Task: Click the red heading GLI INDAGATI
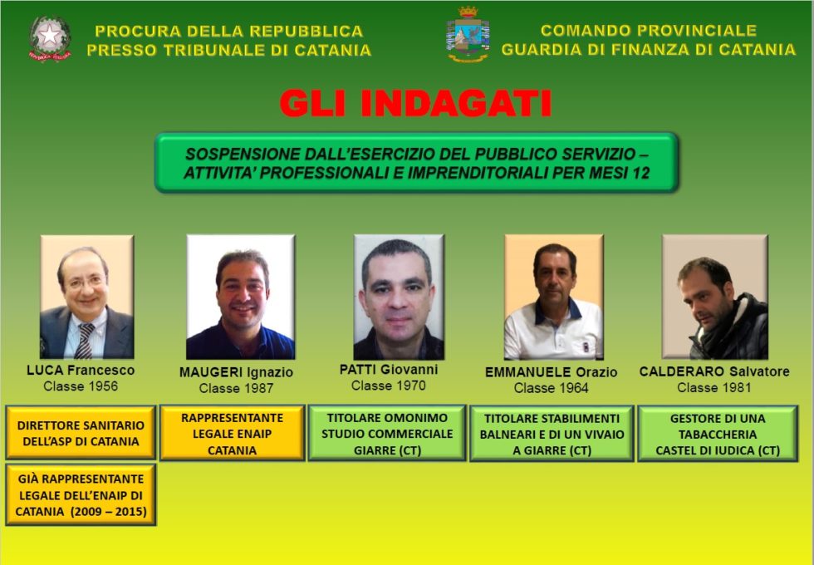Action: click(415, 105)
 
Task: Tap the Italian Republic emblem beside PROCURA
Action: click(50, 39)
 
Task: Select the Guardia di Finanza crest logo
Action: click(468, 35)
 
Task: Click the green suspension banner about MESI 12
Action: click(416, 162)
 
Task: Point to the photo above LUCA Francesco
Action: click(87, 297)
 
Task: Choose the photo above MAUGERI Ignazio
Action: click(240, 297)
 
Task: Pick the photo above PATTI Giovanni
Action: click(399, 297)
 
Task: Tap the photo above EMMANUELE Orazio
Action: click(554, 297)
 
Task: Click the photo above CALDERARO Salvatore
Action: click(714, 297)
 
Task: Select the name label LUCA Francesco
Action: click(81, 371)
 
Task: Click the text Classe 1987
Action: click(236, 388)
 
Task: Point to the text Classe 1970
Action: click(389, 386)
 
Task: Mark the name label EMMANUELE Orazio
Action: click(551, 372)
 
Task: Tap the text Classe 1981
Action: click(714, 387)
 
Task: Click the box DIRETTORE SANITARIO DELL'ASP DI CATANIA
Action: click(81, 432)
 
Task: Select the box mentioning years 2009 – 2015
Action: click(81, 495)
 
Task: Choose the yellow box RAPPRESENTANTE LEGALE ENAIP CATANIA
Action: click(233, 433)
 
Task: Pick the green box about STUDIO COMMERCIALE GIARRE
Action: click(387, 433)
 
